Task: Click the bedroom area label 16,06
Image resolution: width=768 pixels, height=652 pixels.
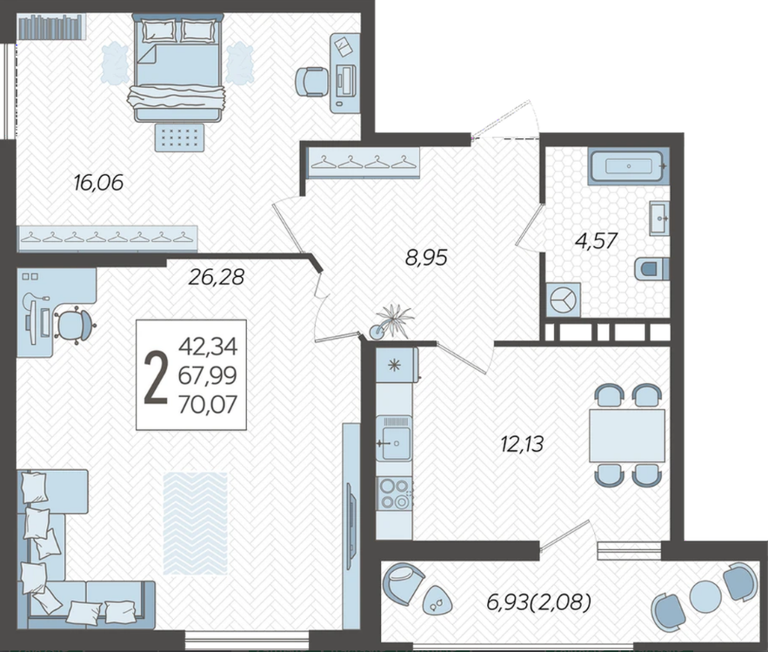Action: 98,183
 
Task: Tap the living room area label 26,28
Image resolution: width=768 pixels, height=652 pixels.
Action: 216,278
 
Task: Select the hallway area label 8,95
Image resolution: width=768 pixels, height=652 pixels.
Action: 426,258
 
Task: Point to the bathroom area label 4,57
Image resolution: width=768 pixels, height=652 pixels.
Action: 596,241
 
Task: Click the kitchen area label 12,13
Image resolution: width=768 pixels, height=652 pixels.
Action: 522,444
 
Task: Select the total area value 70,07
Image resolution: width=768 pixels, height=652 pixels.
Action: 208,405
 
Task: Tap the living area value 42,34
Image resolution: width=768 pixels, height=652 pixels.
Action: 208,347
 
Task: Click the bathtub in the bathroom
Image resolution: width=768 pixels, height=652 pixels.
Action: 629,166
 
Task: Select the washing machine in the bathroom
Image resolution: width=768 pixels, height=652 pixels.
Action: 563,300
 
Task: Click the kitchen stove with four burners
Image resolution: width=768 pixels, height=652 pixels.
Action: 394,494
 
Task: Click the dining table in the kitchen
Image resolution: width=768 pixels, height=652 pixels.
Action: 627,436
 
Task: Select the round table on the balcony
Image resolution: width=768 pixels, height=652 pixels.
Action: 705,595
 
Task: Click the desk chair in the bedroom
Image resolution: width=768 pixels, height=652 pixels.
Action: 311,82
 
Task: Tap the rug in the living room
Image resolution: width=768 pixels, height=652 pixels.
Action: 196,523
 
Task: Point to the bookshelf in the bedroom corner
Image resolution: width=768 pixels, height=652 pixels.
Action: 52,27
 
